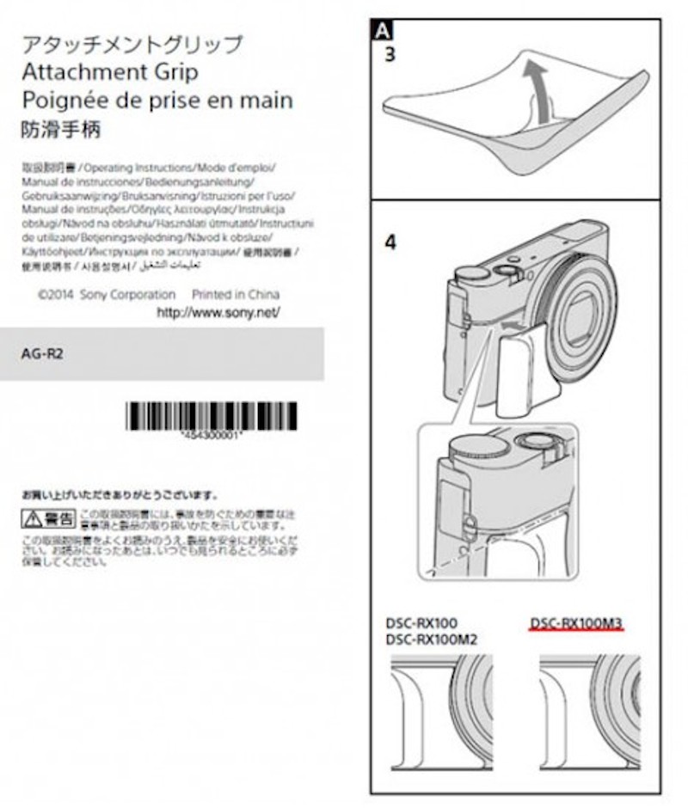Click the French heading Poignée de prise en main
156,100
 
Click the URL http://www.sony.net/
218,314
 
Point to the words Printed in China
235,295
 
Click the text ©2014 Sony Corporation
107,295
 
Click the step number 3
389,54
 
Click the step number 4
390,243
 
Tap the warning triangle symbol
33,518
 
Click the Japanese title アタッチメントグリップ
131,44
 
